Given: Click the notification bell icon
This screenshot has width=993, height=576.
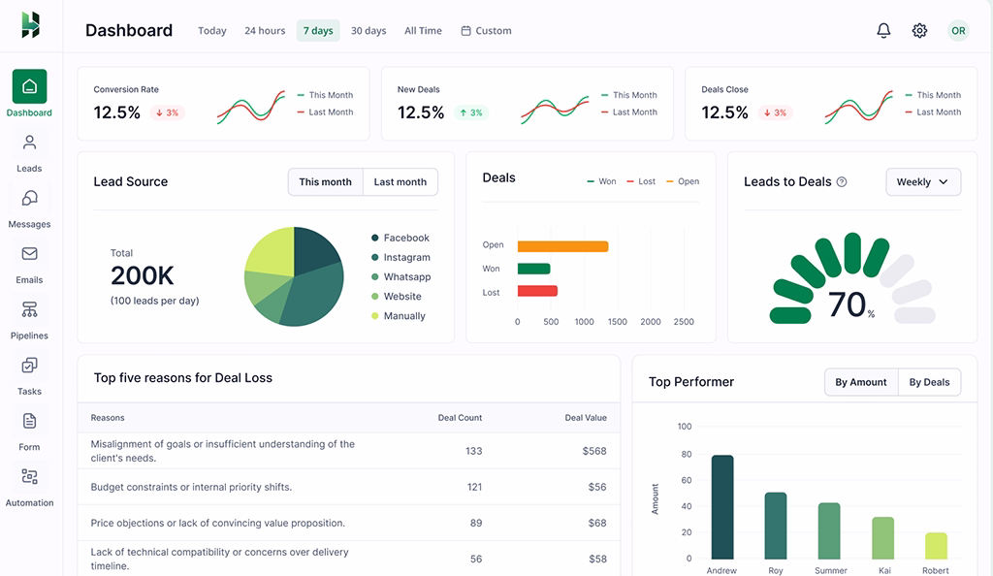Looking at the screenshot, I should coord(883,31).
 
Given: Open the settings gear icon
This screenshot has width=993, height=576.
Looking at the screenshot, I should coord(919,31).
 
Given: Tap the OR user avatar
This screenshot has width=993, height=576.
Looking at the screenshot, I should coord(958,31).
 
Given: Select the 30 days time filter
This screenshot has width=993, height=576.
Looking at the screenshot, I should coord(368,31).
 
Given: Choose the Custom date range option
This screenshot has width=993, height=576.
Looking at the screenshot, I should coord(486,31).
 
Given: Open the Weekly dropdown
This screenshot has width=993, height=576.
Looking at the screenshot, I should coord(922,182).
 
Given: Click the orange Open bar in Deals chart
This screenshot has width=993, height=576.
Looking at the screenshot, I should coord(562,246).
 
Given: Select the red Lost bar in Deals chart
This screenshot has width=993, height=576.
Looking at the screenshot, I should coord(537,291).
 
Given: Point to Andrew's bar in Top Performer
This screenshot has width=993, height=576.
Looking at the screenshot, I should coord(721,507).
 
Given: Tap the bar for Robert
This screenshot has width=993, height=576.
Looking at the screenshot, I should coord(936,546).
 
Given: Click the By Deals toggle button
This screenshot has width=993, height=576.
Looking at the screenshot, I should coord(929,382).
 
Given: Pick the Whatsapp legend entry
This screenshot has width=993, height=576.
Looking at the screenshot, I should coord(406,277).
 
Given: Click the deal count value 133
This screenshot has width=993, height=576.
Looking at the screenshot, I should coord(473,451).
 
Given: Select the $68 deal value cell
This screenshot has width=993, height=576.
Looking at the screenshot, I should coord(596,523).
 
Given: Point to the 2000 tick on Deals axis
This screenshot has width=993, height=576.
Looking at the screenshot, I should coord(651,322).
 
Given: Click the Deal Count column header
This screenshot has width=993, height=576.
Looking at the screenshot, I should coord(460,418).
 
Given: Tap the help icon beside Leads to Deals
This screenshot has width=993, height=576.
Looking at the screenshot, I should coord(842,182).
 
